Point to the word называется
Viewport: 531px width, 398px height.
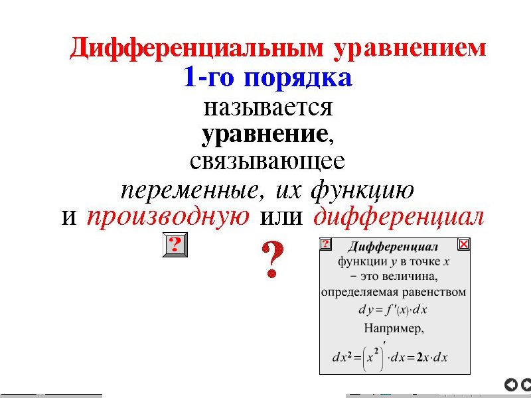268,108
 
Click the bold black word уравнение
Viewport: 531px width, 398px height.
264,135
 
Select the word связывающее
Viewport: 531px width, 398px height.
267,162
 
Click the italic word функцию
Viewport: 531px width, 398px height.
362,190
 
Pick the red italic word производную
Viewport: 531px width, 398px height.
169,218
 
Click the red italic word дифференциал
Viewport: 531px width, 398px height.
399,217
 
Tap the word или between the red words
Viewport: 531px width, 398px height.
281,218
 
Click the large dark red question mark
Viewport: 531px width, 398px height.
273,259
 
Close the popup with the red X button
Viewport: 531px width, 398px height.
463,244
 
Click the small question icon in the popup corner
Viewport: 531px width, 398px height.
325,243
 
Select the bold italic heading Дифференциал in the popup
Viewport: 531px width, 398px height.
393,246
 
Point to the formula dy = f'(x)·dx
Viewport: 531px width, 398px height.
393,310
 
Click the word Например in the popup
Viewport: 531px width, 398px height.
394,328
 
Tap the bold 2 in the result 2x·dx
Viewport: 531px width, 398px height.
419,358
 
